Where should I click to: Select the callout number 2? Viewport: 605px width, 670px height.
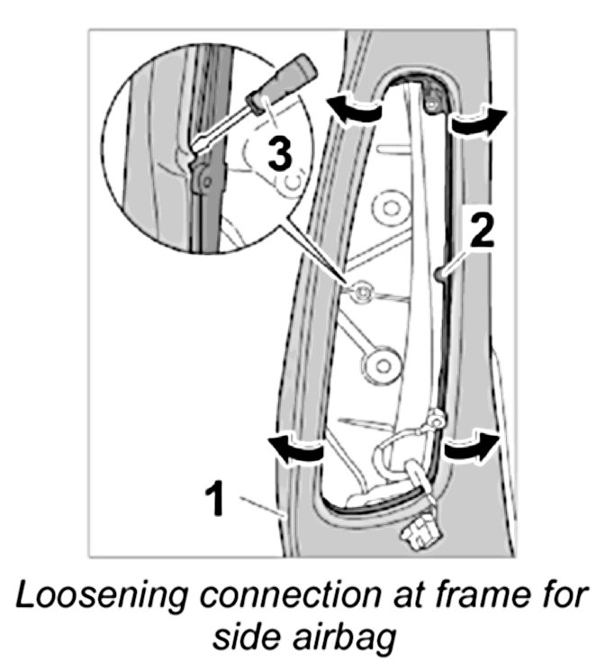click(x=482, y=232)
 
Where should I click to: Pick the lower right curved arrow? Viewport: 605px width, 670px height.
click(x=471, y=446)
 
